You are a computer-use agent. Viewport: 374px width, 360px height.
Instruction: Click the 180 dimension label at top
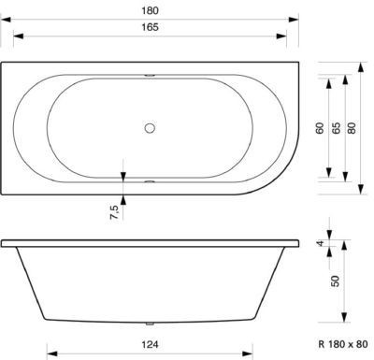point(150,10)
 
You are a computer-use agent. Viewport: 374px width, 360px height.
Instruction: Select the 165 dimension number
point(150,27)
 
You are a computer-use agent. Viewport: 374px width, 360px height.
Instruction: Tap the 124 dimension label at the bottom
point(150,344)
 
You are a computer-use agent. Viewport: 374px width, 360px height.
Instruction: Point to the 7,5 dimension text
point(114,212)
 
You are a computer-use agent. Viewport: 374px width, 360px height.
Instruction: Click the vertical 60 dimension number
point(320,128)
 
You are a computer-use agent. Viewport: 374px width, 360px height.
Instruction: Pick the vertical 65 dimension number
point(336,128)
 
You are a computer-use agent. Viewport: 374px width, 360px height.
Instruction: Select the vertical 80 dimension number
point(352,128)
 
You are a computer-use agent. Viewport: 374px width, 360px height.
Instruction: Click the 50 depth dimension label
point(336,281)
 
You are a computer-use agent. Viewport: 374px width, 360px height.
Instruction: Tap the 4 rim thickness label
point(321,243)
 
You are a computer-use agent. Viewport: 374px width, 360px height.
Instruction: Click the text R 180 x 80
point(343,344)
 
